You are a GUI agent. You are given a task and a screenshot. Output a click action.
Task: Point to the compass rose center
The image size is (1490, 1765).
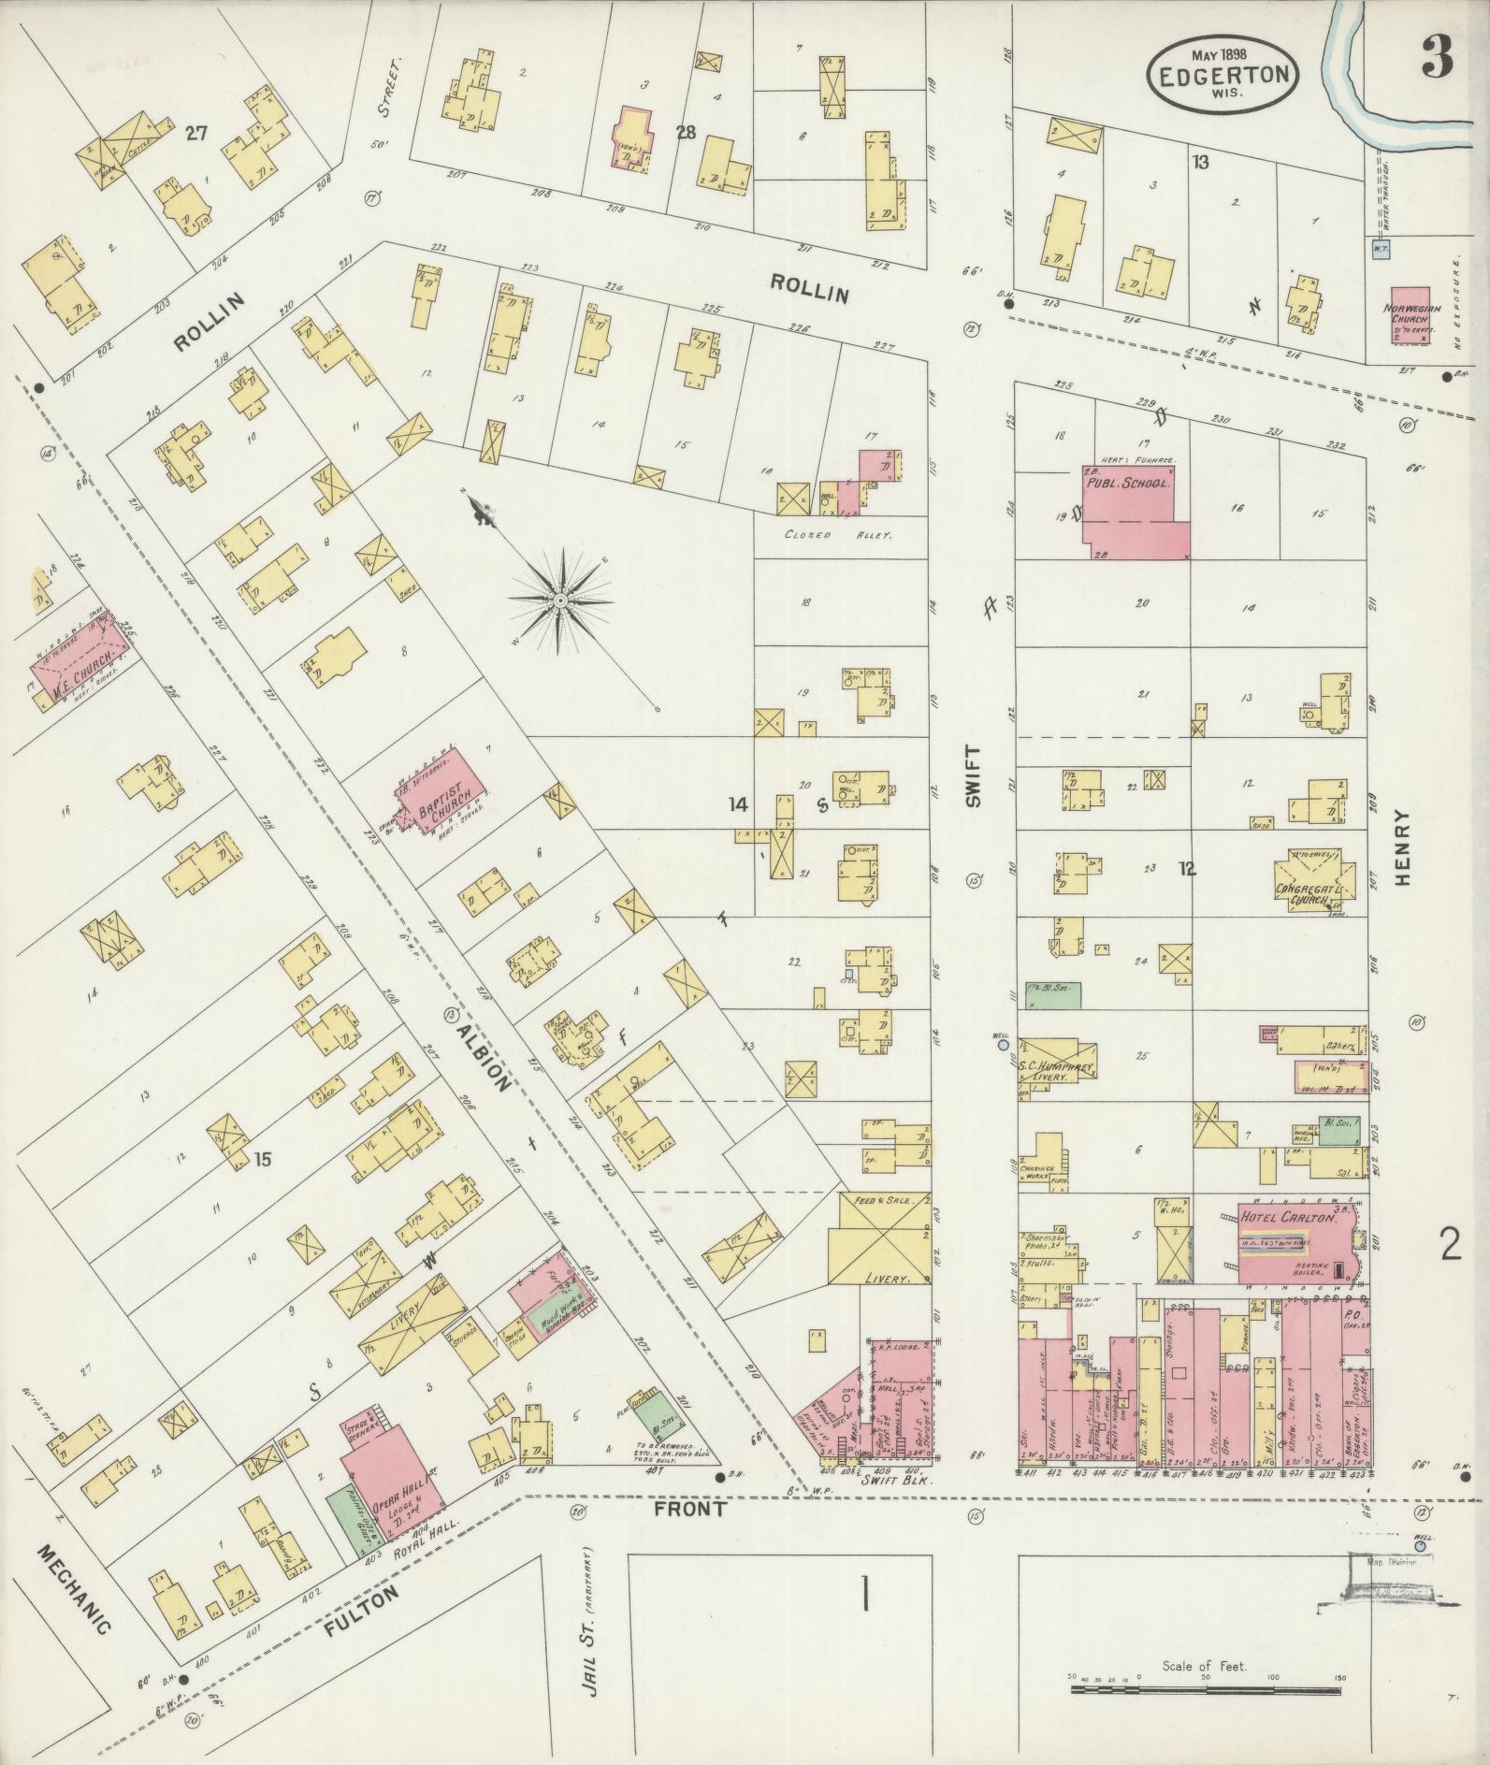[x=559, y=600]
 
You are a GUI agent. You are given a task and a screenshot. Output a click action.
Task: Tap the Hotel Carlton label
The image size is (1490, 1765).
[x=1289, y=1217]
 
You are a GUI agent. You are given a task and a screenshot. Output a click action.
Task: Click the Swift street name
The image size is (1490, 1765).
[x=974, y=776]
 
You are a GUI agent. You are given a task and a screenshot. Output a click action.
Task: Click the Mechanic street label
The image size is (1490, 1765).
[x=74, y=1589]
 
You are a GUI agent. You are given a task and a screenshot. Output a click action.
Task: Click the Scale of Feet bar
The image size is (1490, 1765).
[x=1206, y=1691]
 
